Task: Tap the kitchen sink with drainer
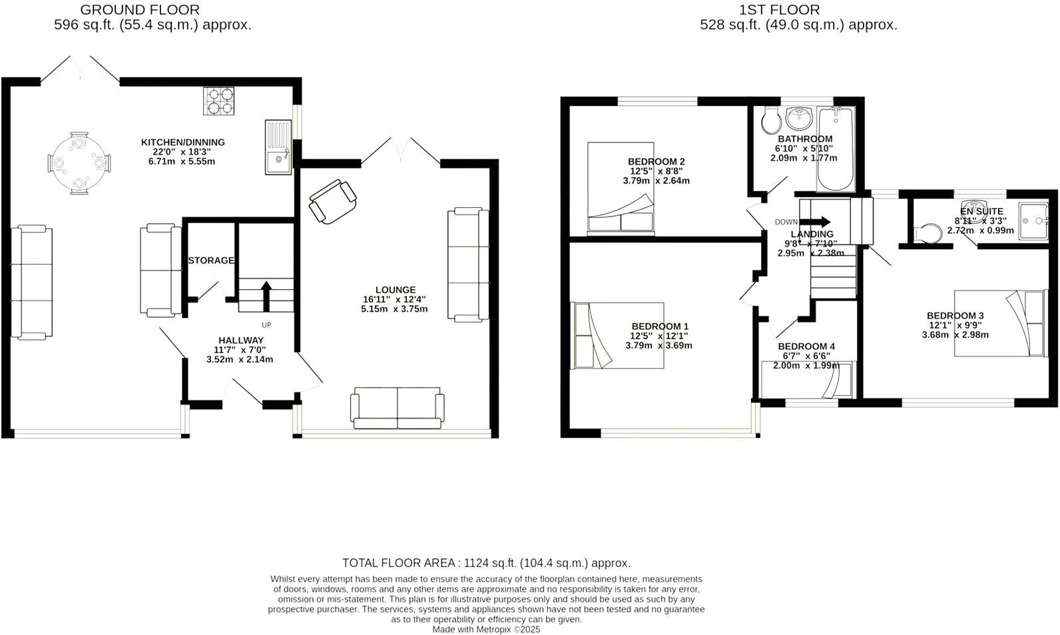tap(278, 147)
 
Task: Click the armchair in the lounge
tap(332, 201)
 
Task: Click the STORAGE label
tap(211, 261)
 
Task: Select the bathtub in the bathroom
tap(834, 149)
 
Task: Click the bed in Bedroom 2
tap(621, 188)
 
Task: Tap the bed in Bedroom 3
tap(1000, 323)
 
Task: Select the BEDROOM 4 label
tap(806, 346)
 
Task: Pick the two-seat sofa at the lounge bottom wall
tap(398, 408)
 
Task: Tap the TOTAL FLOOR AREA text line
tap(486, 563)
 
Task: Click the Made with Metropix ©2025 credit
tap(486, 629)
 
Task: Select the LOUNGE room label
tap(395, 290)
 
